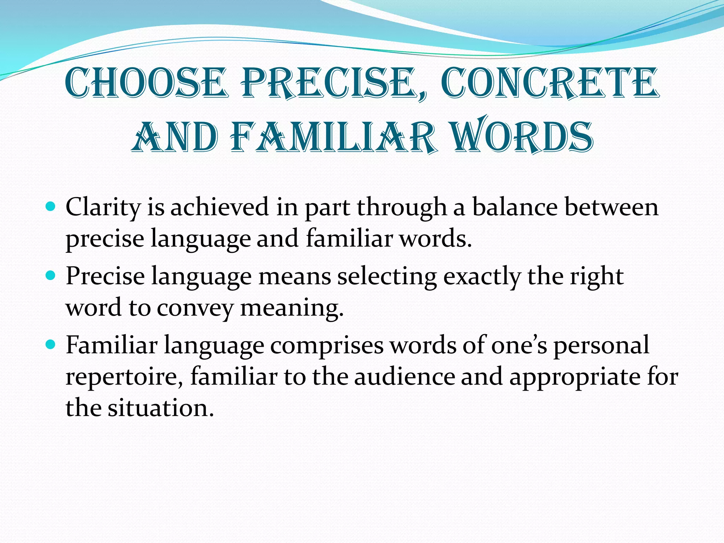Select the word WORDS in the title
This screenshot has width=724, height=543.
(523, 137)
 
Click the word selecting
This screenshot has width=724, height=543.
(387, 276)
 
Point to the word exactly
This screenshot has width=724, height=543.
(482, 276)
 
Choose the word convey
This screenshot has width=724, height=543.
(195, 308)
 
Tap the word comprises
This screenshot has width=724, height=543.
(327, 345)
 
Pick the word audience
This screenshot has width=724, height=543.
(404, 376)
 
